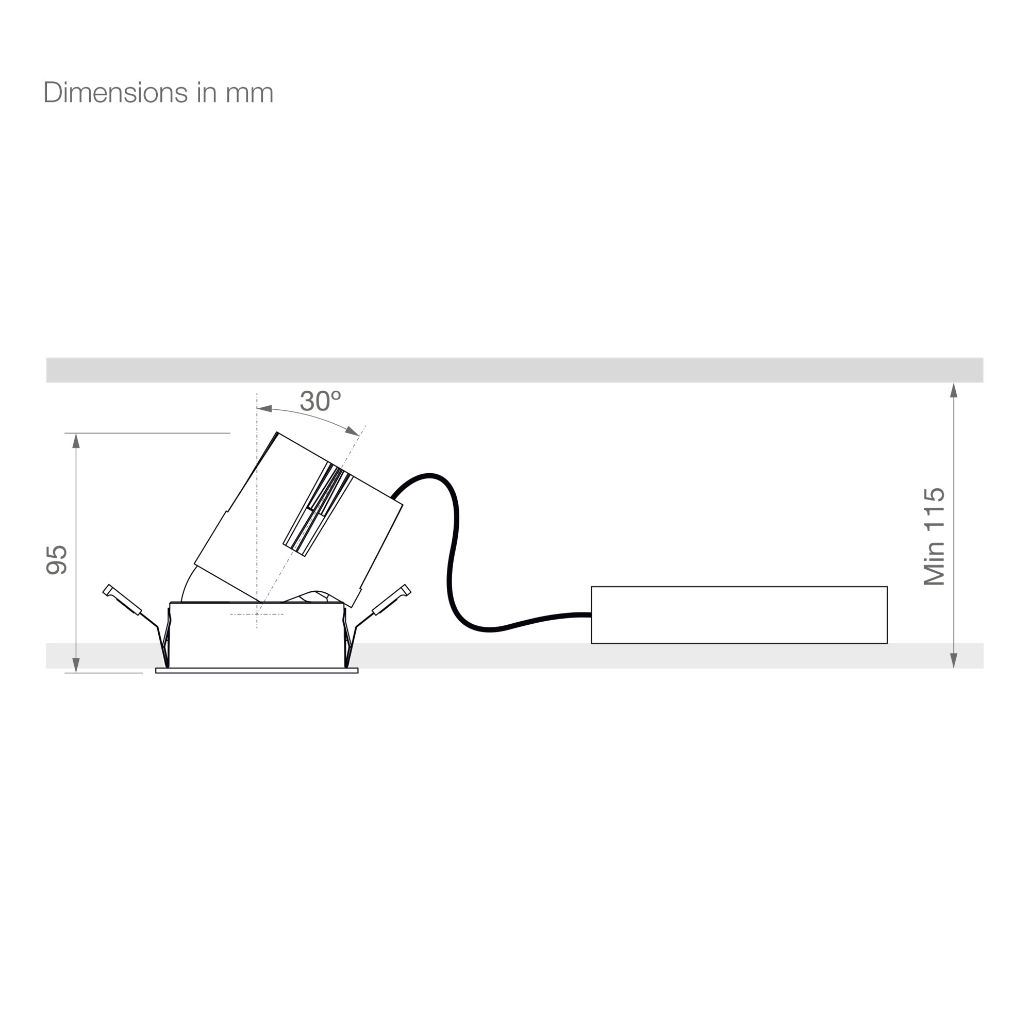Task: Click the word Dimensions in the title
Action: tap(115, 93)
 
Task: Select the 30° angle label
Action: tap(320, 401)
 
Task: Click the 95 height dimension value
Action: tap(57, 560)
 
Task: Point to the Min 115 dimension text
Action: tap(935, 536)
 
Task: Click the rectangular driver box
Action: tap(739, 615)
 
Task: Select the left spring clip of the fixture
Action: tap(137, 624)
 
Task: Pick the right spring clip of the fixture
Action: tap(377, 624)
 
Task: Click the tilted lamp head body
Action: tap(299, 520)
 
